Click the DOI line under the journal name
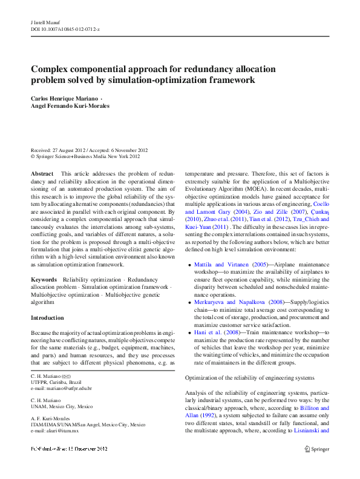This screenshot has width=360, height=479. tap(65, 28)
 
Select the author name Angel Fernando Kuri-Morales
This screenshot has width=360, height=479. tap(71, 105)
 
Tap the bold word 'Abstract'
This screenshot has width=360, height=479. tap(42, 173)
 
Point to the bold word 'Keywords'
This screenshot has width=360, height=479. tap(44, 279)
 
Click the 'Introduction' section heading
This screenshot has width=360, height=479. tap(47, 318)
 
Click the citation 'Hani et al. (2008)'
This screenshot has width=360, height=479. tap(209, 332)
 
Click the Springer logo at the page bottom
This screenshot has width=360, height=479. tap(317, 448)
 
